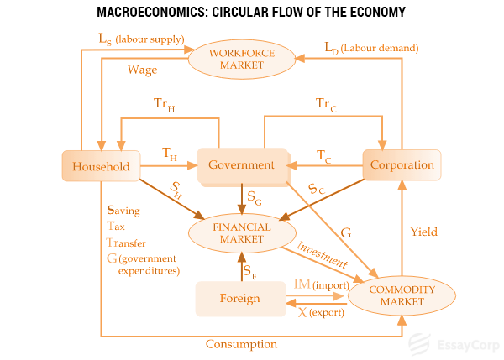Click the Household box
point(100,166)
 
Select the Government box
point(241,165)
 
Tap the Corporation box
point(402,165)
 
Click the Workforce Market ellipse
point(242,60)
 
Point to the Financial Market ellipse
point(242,233)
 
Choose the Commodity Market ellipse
point(402,295)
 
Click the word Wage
point(142,69)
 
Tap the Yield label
point(423,232)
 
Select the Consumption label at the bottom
point(241,344)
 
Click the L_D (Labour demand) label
point(370,48)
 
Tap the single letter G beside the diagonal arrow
point(346,231)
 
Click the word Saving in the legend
point(124,210)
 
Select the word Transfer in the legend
point(127,243)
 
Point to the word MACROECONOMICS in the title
point(148,12)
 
